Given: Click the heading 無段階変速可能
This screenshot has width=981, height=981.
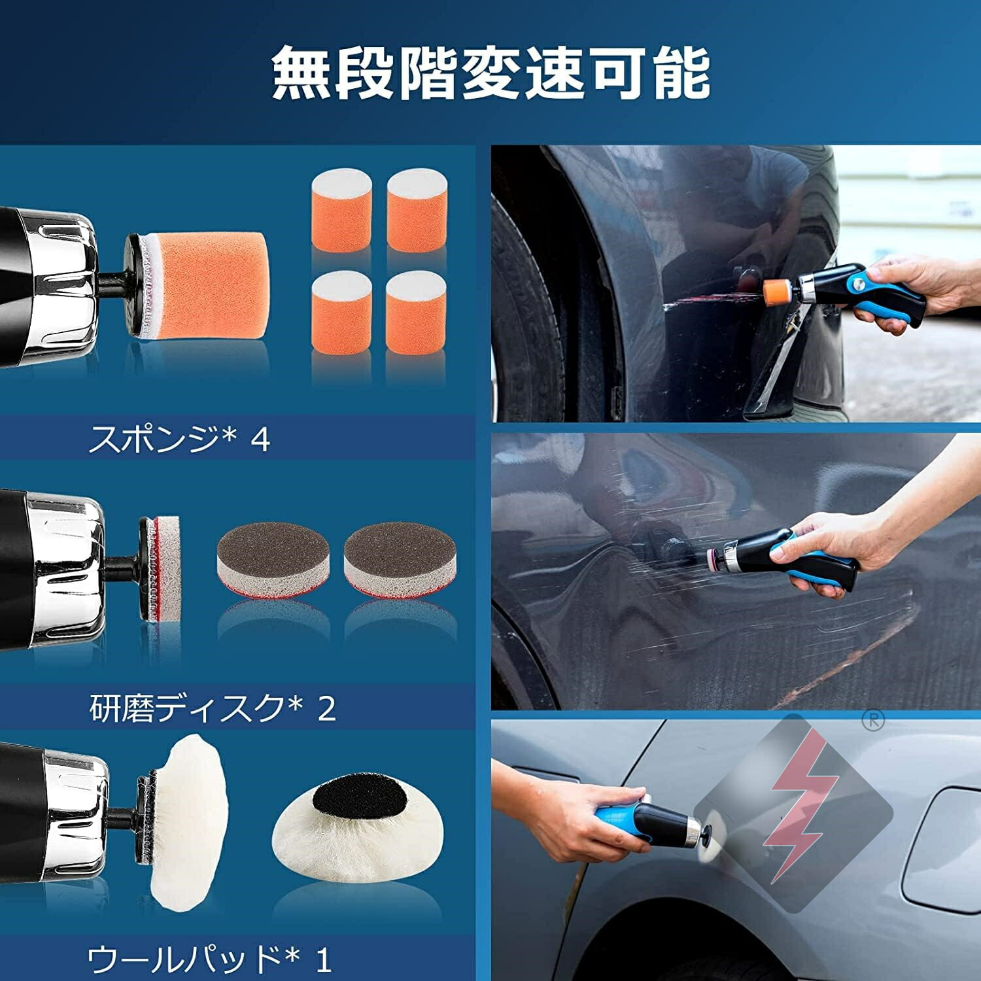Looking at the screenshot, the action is [490, 73].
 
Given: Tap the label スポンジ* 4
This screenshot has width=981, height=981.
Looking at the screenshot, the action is [179, 439].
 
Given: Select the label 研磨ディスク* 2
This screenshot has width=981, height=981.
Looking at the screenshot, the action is [213, 708].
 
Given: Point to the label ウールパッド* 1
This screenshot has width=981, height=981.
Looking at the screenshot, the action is [209, 959].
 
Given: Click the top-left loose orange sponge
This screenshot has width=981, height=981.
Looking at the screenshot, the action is [341, 210].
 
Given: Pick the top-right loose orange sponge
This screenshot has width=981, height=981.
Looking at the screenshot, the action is [416, 210].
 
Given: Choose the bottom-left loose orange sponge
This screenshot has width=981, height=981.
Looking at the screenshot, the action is [341, 313].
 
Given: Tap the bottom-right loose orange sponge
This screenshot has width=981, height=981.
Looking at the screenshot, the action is [416, 313].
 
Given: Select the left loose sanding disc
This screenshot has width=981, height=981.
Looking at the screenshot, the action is [273, 560].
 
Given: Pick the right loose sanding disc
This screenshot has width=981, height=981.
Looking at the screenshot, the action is [400, 560].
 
